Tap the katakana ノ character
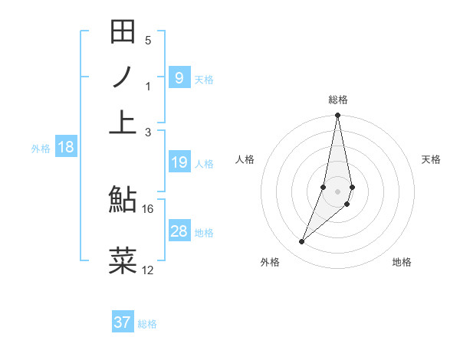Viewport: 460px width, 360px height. [123, 77]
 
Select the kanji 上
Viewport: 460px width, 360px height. [123, 121]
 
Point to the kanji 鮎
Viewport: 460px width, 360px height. [123, 201]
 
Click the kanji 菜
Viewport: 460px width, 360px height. [123, 260]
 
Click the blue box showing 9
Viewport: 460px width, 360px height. [179, 78]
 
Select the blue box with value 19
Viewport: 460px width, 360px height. [179, 162]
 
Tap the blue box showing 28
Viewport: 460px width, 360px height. [179, 231]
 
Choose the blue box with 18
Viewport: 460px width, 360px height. [66, 148]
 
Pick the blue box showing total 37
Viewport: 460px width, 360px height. [122, 322]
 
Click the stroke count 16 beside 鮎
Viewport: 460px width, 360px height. [148, 208]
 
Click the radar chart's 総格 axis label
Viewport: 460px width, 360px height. [338, 100]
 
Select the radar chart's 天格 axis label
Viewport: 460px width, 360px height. [432, 159]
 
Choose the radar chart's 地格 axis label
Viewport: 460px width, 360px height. [402, 262]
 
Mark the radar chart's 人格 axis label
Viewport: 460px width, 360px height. [245, 159]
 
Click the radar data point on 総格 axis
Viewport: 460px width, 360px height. [337, 116]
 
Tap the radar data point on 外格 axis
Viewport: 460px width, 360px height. [302, 242]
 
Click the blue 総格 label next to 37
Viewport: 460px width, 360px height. [147, 324]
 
